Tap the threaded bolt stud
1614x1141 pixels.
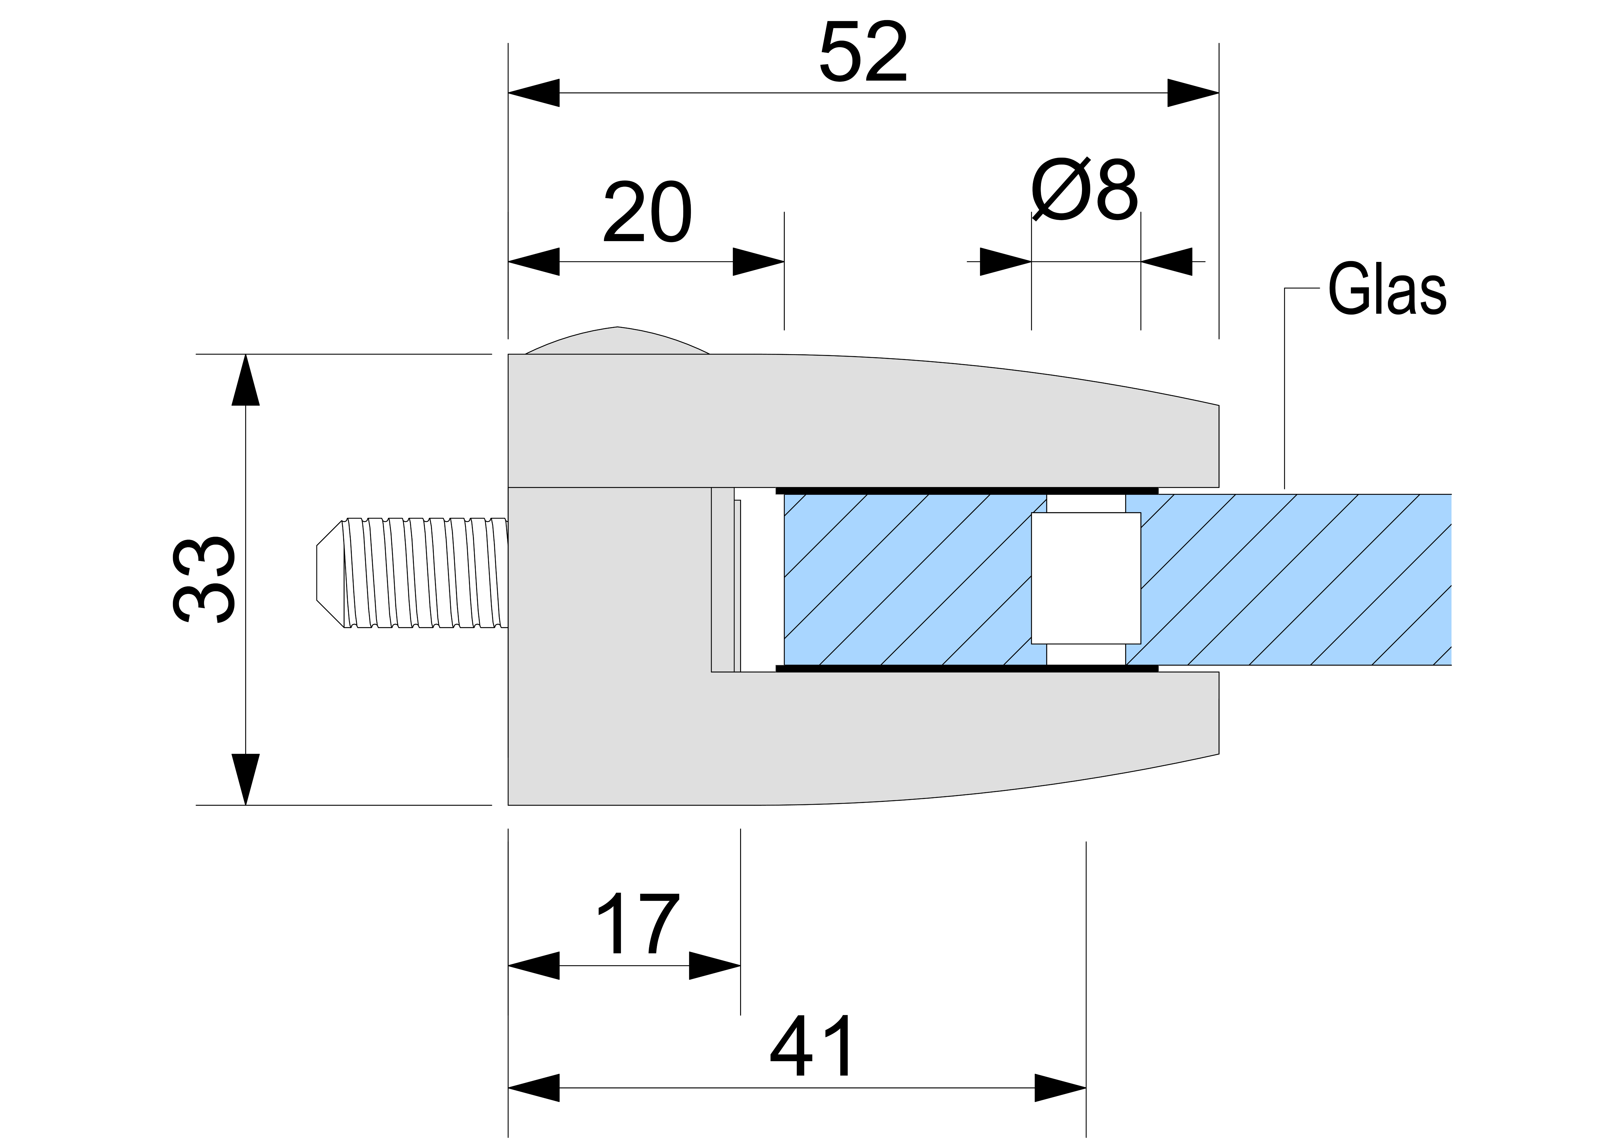[x=425, y=573]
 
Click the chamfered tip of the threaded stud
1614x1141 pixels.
[x=329, y=573]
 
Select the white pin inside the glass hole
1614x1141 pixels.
[x=1085, y=578]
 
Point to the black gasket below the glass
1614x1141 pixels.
[x=967, y=668]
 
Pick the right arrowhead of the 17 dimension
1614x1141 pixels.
[x=715, y=965]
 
